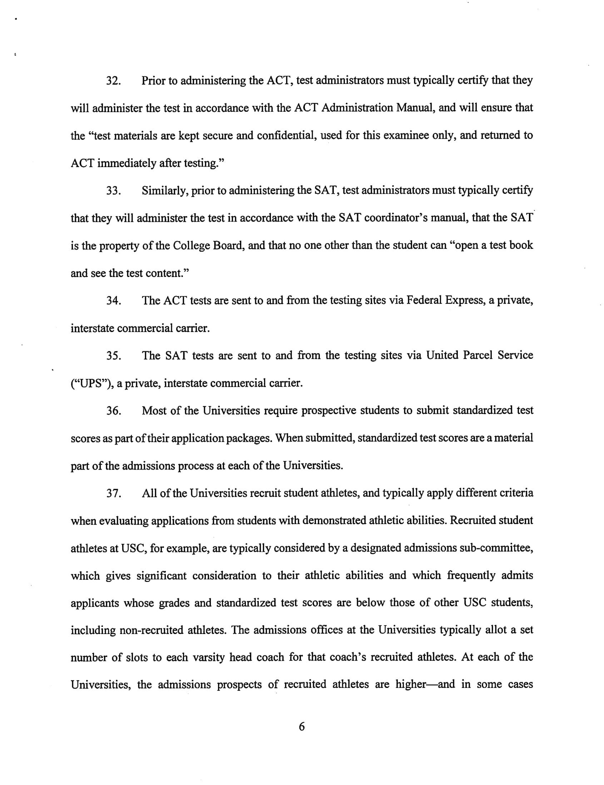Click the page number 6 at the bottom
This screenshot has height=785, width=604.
click(302, 726)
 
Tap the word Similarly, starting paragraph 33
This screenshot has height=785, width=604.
click(164, 191)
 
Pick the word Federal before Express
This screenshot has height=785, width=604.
click(424, 301)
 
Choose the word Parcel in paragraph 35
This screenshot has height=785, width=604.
click(477, 356)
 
